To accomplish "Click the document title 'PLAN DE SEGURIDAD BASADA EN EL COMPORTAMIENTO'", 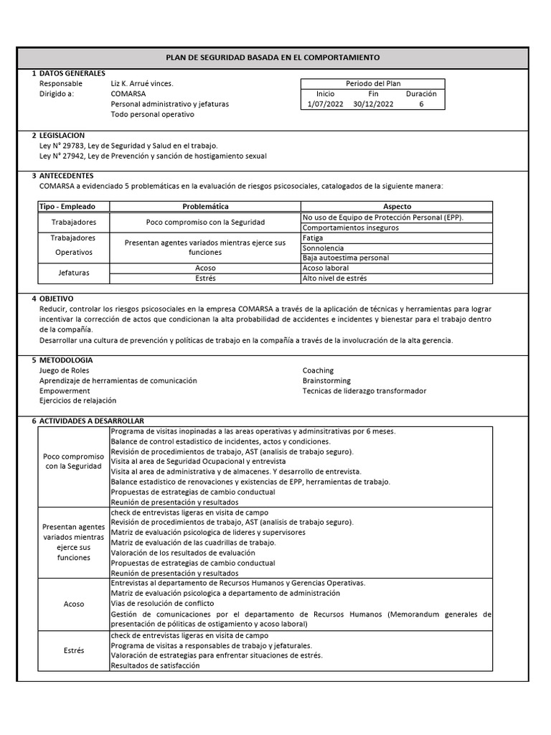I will point(273,57).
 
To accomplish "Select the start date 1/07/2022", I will point(325,104).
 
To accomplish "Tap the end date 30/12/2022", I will point(373,104).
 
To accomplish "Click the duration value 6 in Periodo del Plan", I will point(421,104).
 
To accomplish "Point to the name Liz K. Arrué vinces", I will point(142,83).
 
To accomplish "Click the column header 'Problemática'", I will point(205,206).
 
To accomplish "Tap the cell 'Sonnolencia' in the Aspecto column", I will point(324,248).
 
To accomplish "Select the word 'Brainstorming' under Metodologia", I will point(326,380).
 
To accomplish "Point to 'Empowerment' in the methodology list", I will point(65,390).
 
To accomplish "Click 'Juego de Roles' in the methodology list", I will point(65,370).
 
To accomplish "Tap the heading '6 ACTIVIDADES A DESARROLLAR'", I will point(88,420).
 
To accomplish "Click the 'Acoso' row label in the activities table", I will point(74,604).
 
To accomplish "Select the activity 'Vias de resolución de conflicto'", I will point(162,604).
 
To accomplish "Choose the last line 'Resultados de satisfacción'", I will point(155,665).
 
